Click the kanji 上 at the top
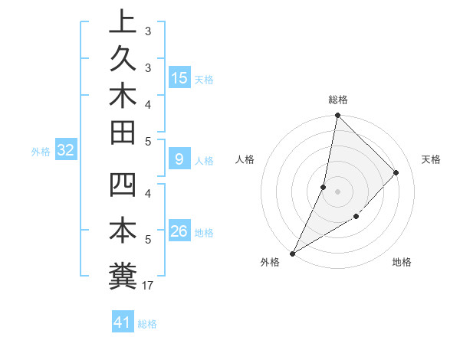123,21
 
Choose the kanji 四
123,187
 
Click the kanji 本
123,231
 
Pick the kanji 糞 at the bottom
123,275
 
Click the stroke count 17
149,286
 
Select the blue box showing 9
179,159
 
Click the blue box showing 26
179,231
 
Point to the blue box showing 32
66,151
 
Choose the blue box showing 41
123,322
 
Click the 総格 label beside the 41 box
147,324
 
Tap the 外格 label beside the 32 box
41,152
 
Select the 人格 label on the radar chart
245,159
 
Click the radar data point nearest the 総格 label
337,116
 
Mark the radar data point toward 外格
293,253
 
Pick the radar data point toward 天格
396,172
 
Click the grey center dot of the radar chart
337,191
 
